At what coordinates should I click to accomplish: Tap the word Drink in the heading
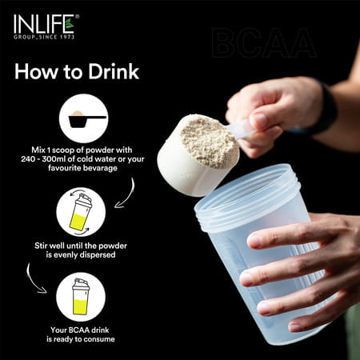coord(110,71)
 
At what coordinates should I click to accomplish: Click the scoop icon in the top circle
coord(82,119)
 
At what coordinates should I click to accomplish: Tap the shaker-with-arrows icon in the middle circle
coord(81,211)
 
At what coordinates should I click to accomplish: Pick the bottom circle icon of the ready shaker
coord(81,296)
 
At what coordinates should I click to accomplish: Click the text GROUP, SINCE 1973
coord(45,37)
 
